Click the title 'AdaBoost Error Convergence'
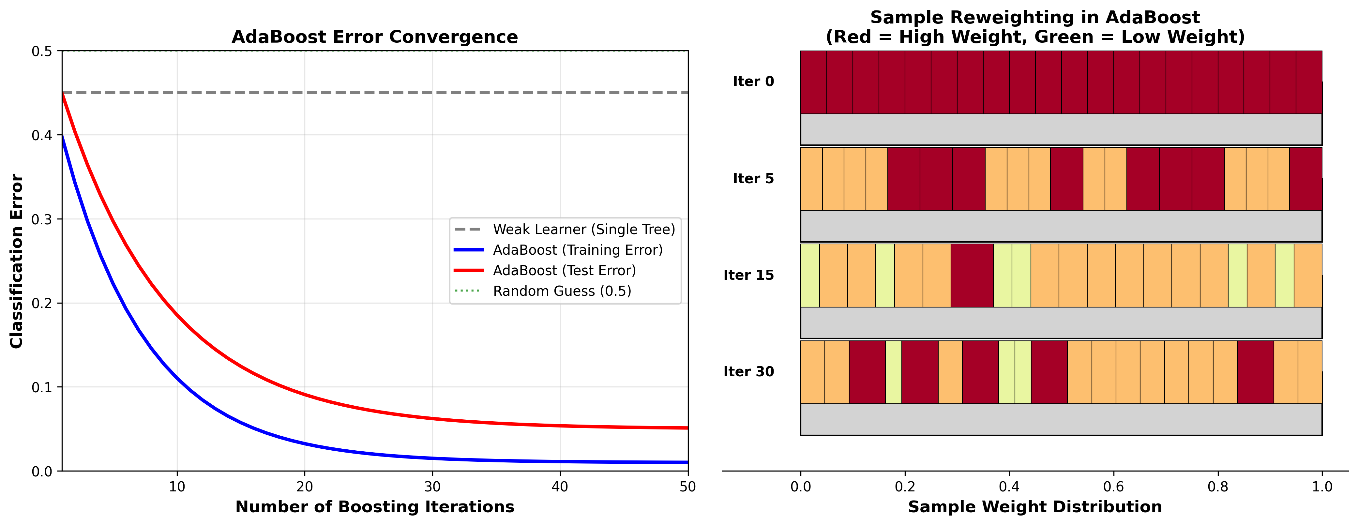tap(374, 37)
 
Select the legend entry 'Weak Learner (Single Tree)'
tap(583, 229)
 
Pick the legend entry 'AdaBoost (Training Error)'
tap(577, 250)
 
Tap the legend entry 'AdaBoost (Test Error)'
tap(564, 270)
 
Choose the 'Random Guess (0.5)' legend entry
tap(562, 291)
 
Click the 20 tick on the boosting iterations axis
tap(305, 487)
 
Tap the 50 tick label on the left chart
tap(687, 487)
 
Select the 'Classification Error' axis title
tap(17, 261)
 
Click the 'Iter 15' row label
tap(748, 275)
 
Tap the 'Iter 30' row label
tap(748, 372)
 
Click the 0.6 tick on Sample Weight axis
tap(1113, 487)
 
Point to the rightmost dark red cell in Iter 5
tap(1305, 179)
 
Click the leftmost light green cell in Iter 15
tap(810, 275)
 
